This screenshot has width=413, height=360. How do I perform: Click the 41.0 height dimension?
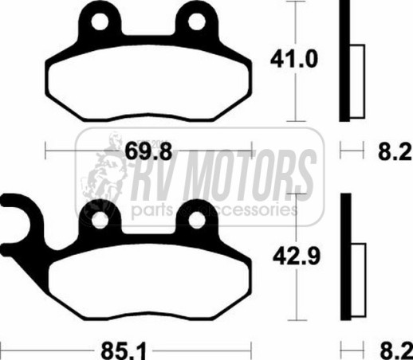[x=293, y=59]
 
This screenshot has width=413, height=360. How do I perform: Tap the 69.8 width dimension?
[x=148, y=151]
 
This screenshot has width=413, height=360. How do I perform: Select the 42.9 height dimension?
[x=297, y=256]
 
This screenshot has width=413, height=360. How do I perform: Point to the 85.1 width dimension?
[x=124, y=350]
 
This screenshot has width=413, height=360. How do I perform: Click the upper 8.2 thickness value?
[x=395, y=151]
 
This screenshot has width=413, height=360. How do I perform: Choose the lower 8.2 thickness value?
[x=396, y=351]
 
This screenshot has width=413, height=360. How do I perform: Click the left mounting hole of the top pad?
[x=100, y=22]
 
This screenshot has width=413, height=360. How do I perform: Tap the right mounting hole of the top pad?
[x=197, y=22]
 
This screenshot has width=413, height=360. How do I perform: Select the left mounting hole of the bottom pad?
[x=100, y=221]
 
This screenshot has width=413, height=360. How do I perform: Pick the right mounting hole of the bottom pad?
[x=197, y=221]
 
